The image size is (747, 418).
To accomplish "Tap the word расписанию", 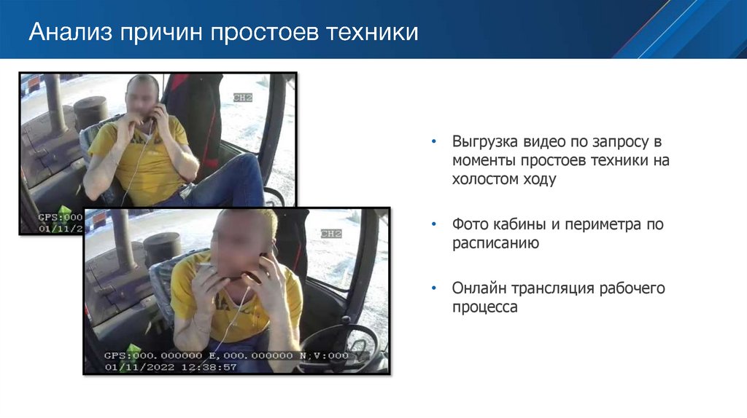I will click(x=495, y=243).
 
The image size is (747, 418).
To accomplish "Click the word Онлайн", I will click(x=476, y=288).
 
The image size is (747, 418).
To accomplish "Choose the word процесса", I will click(x=485, y=307).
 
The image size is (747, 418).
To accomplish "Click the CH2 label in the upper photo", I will click(x=243, y=97).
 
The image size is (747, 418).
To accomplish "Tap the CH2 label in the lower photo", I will click(x=330, y=234).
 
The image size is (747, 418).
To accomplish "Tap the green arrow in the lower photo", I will click(x=133, y=350).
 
